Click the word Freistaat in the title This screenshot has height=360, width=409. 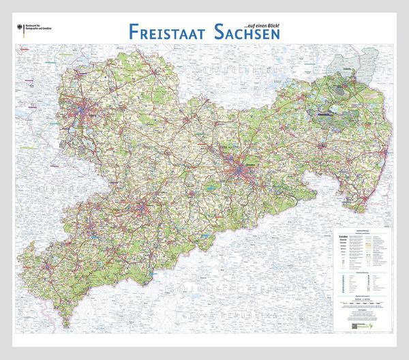click(165, 31)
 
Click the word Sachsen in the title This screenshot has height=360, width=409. click(244, 31)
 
